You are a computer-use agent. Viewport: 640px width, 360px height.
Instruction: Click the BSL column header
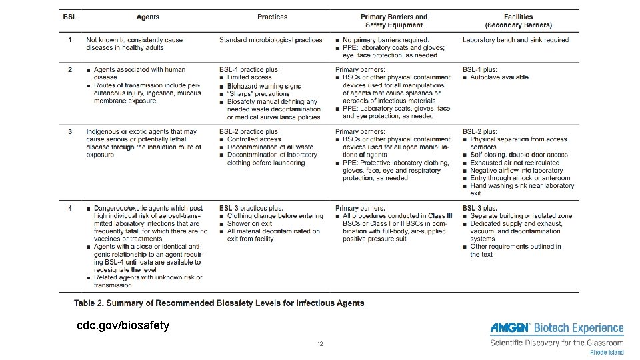[x=70, y=17]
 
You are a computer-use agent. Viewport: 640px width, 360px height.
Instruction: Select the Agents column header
[x=147, y=17]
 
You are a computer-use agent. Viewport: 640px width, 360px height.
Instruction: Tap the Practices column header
[x=273, y=17]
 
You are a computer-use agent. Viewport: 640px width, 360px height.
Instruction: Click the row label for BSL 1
[x=70, y=40]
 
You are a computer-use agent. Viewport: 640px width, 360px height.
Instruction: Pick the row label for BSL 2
[x=70, y=69]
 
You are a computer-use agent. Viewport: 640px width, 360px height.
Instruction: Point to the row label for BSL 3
[x=70, y=131]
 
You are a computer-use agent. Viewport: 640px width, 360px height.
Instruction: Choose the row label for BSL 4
[x=70, y=209]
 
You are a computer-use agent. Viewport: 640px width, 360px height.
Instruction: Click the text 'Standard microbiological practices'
[x=271, y=40]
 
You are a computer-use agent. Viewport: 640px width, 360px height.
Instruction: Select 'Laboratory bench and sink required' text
[x=515, y=40]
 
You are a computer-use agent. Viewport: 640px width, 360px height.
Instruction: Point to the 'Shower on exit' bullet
[x=250, y=223]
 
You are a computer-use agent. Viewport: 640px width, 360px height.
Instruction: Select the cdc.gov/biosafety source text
[x=123, y=326]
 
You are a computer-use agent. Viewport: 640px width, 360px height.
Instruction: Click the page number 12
[x=320, y=344]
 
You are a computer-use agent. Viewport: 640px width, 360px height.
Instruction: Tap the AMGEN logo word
[x=510, y=328]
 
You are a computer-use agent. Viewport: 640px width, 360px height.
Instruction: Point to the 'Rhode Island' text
[x=607, y=352]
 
